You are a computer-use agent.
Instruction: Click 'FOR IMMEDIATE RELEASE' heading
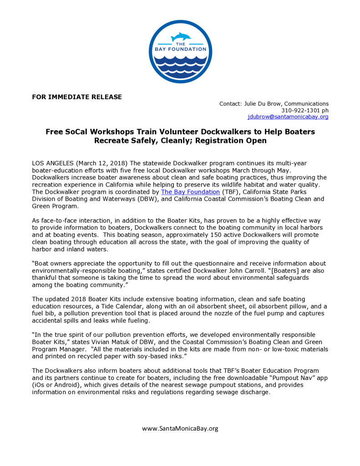pyautogui.click(x=77, y=96)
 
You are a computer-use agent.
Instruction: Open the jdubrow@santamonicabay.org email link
pyautogui.click(x=288, y=117)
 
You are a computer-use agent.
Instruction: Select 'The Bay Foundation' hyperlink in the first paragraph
pyautogui.click(x=190, y=192)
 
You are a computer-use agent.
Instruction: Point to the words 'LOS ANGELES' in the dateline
pyautogui.click(x=51, y=163)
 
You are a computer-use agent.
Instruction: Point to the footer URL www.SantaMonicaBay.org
pyautogui.click(x=180, y=428)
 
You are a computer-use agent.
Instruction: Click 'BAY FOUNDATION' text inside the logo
pyautogui.click(x=180, y=50)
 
